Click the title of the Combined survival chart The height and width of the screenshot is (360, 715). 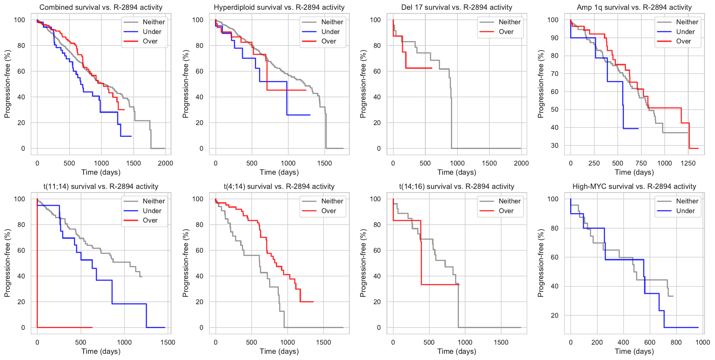pyautogui.click(x=101, y=7)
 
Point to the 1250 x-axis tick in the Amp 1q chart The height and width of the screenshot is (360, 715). pyautogui.click(x=688, y=163)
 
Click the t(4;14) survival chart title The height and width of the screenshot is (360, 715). pyautogui.click(x=279, y=187)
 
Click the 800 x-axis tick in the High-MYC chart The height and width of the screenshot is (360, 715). pyautogui.click(x=676, y=342)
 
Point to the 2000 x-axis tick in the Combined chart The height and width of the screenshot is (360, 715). pyautogui.click(x=165, y=163)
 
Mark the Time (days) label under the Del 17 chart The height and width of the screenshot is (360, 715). pyautogui.click(x=457, y=172)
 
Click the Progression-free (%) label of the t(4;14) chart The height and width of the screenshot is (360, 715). pyautogui.click(x=185, y=263)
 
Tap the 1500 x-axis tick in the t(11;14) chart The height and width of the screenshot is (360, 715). pyautogui.click(x=168, y=342)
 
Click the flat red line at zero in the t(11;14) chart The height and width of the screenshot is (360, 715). pyautogui.click(x=65, y=327)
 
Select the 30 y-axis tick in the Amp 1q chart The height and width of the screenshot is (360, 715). pyautogui.click(x=554, y=145)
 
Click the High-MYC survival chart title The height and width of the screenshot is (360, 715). pyautogui.click(x=634, y=187)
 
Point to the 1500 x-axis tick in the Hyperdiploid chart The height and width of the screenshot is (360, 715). pyautogui.click(x=324, y=163)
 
